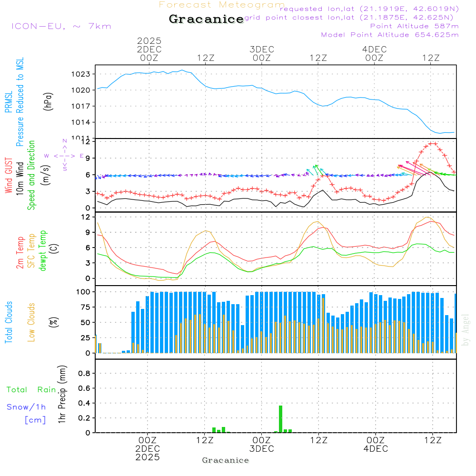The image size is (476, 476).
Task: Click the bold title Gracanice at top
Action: [x=206, y=20]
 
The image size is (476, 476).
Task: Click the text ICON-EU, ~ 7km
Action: [x=61, y=26]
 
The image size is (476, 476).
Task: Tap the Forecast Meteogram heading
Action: [x=222, y=5]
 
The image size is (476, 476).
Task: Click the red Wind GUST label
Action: [x=9, y=176]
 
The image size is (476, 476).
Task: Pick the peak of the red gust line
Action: [x=433, y=143]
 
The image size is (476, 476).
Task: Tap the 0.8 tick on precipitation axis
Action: [x=84, y=374]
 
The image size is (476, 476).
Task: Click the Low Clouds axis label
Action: [x=31, y=322]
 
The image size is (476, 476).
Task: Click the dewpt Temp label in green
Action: [x=43, y=250]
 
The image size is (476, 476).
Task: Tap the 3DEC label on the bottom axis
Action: [x=261, y=449]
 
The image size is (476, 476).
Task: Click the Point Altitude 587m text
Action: [x=414, y=26]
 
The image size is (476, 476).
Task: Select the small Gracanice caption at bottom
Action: [x=225, y=460]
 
